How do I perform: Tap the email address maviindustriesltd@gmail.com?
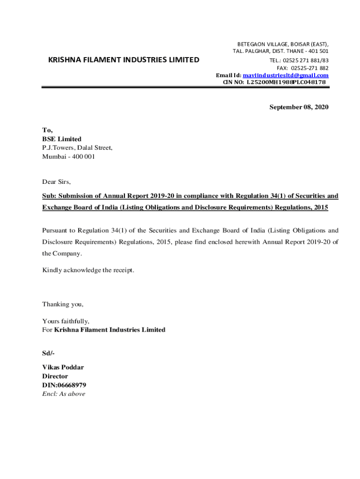click(x=286, y=75)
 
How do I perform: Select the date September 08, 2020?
click(x=299, y=107)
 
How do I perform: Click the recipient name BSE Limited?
click(x=62, y=139)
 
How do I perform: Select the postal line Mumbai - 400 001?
click(x=68, y=157)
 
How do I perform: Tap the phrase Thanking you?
click(x=63, y=304)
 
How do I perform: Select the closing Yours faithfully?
click(x=66, y=321)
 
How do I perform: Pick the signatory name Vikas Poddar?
click(x=63, y=367)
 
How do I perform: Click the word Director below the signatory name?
click(x=55, y=376)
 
